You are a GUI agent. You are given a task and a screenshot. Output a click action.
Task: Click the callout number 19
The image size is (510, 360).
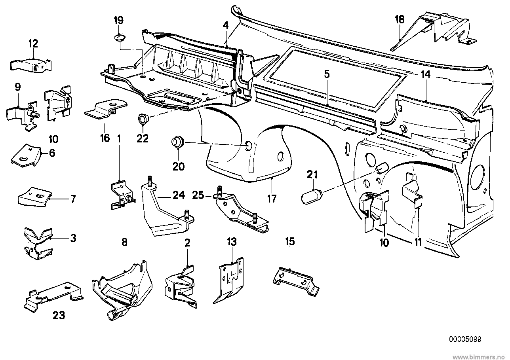119,21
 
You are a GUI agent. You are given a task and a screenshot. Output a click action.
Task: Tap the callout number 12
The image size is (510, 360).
33,44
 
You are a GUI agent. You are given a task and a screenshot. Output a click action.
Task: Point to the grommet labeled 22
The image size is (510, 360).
143,119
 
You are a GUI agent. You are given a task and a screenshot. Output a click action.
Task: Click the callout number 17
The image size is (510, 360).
272,199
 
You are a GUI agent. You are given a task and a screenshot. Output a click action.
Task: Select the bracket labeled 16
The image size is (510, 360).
106,110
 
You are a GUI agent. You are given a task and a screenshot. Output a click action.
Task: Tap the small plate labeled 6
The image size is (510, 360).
26,155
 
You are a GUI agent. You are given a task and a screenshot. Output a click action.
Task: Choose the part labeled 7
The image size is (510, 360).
34,197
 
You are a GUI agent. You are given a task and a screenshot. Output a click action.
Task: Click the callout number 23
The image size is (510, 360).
59,315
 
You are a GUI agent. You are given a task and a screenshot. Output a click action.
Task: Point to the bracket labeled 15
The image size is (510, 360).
296,282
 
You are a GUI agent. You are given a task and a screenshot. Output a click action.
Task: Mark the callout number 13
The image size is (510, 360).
232,242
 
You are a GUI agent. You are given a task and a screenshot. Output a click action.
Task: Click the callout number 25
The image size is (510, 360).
198,195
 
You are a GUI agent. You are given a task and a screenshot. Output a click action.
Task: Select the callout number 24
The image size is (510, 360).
179,195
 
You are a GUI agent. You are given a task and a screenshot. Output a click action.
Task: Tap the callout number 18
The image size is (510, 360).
400,19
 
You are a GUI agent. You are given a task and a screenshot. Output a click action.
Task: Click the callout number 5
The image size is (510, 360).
327,74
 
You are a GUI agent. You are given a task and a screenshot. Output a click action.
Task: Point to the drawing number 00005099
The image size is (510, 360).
465,339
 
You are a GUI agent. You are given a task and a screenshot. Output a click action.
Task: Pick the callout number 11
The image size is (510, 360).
418,242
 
